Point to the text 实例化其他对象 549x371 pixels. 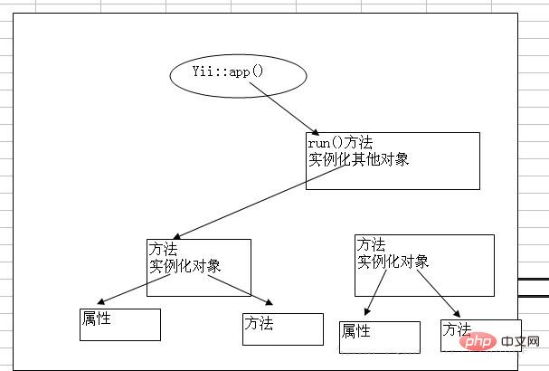tap(358, 158)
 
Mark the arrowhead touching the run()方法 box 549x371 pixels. tap(313, 132)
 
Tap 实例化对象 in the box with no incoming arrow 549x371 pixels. tap(393, 261)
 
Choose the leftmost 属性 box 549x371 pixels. tap(119, 324)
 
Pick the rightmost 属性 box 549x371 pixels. tap(379, 337)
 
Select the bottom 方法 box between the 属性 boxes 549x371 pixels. tap(282, 328)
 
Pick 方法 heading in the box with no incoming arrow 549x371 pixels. tap(371, 244)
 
